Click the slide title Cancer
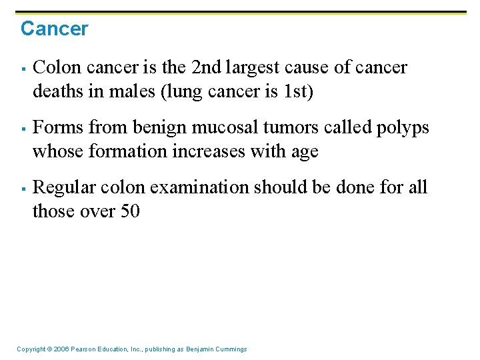(x=54, y=29)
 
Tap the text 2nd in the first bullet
(x=207, y=67)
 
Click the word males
(x=124, y=91)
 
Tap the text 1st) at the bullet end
(x=296, y=91)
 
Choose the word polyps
(x=404, y=127)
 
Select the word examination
(x=199, y=187)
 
